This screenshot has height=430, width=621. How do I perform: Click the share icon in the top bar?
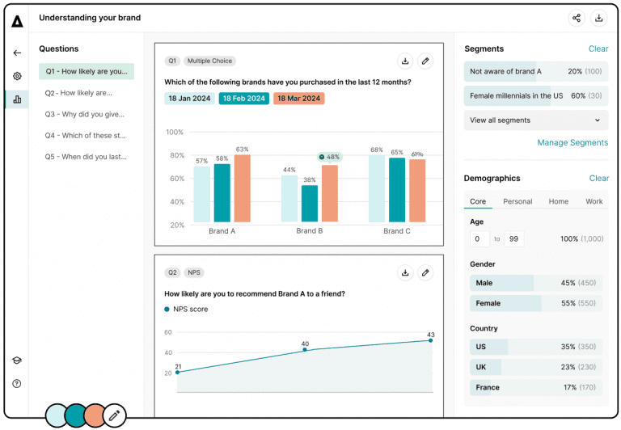pyautogui.click(x=577, y=18)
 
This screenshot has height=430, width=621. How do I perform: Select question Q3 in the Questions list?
pyautogui.click(x=85, y=114)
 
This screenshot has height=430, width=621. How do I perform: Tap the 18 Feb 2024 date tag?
pyautogui.click(x=243, y=99)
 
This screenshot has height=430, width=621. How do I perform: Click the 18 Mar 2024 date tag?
pyautogui.click(x=298, y=99)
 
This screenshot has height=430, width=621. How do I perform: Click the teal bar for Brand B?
pyautogui.click(x=310, y=204)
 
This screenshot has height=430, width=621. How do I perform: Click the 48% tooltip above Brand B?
pyautogui.click(x=329, y=157)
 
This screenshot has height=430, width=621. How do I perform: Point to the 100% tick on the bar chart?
pyautogui.click(x=175, y=132)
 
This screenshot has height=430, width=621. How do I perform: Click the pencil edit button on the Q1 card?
pyautogui.click(x=425, y=61)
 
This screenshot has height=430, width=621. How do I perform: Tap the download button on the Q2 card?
pyautogui.click(x=405, y=272)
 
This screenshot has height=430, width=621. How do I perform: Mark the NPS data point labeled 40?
pyautogui.click(x=304, y=350)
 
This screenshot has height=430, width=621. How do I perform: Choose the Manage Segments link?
pyautogui.click(x=572, y=143)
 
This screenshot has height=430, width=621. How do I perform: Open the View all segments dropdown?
pyautogui.click(x=536, y=120)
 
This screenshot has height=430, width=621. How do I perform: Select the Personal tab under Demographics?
pyautogui.click(x=517, y=201)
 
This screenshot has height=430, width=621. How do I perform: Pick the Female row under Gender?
pyautogui.click(x=536, y=303)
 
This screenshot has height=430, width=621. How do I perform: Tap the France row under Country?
pyautogui.click(x=536, y=387)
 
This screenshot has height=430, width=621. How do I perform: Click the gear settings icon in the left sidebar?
pyautogui.click(x=17, y=76)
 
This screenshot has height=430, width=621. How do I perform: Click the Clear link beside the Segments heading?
pyautogui.click(x=598, y=49)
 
